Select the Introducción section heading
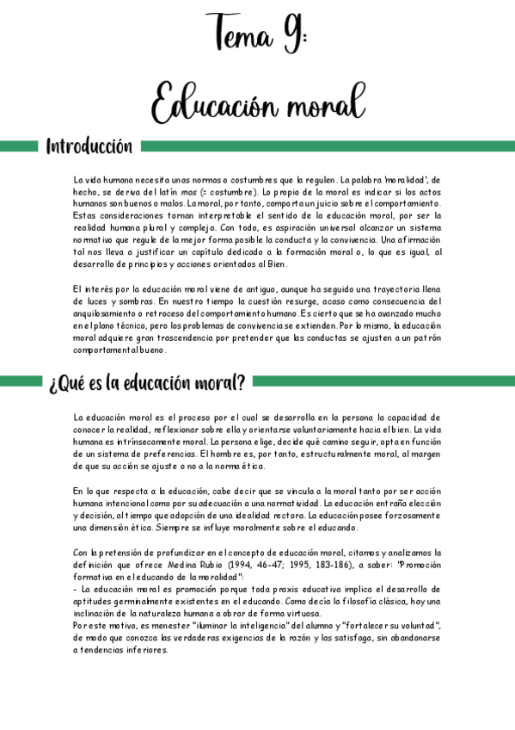coord(89,146)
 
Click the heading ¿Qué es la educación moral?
coord(146,381)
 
